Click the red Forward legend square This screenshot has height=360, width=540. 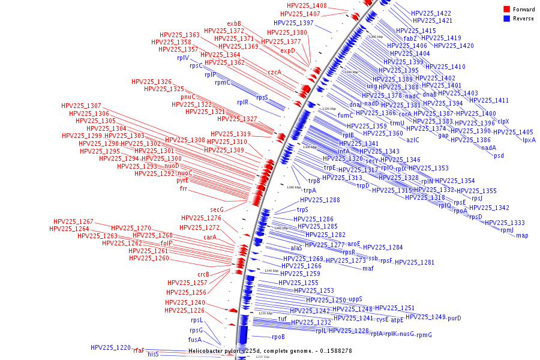506,9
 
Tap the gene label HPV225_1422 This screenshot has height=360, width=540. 431,13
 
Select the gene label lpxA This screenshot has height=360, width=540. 529,140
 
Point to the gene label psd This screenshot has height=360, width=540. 499,156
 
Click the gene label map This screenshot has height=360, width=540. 522,235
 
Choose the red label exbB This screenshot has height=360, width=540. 234,23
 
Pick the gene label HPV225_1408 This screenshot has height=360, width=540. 307,5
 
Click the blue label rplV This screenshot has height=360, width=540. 182,58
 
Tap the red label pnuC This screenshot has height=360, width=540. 188,97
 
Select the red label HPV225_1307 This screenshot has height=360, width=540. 81,106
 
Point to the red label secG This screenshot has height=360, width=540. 217,209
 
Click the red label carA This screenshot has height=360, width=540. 210,237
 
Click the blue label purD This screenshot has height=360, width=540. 454,318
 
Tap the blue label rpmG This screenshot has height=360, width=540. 424,335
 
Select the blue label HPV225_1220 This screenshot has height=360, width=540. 110,347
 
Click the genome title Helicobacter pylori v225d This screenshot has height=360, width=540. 225,350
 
